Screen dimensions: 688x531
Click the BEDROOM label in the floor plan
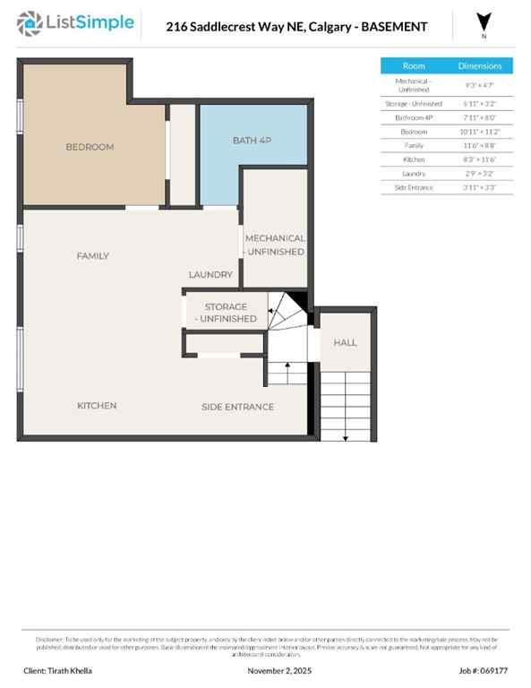(x=90, y=147)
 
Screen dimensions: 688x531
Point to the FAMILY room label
(x=92, y=256)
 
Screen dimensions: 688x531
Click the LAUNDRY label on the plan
(x=210, y=275)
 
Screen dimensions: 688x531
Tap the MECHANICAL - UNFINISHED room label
(x=275, y=245)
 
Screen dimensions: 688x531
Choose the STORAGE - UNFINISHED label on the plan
(x=226, y=313)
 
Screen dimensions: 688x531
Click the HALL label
(x=345, y=342)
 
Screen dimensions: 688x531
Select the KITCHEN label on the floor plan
(x=97, y=406)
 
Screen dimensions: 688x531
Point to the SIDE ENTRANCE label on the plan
(x=237, y=407)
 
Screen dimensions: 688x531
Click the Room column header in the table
(x=414, y=66)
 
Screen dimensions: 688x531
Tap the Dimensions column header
(x=481, y=66)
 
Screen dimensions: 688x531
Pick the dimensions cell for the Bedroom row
(x=481, y=131)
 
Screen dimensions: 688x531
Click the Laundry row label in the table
(x=414, y=173)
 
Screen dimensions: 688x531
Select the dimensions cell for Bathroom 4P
(x=481, y=117)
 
